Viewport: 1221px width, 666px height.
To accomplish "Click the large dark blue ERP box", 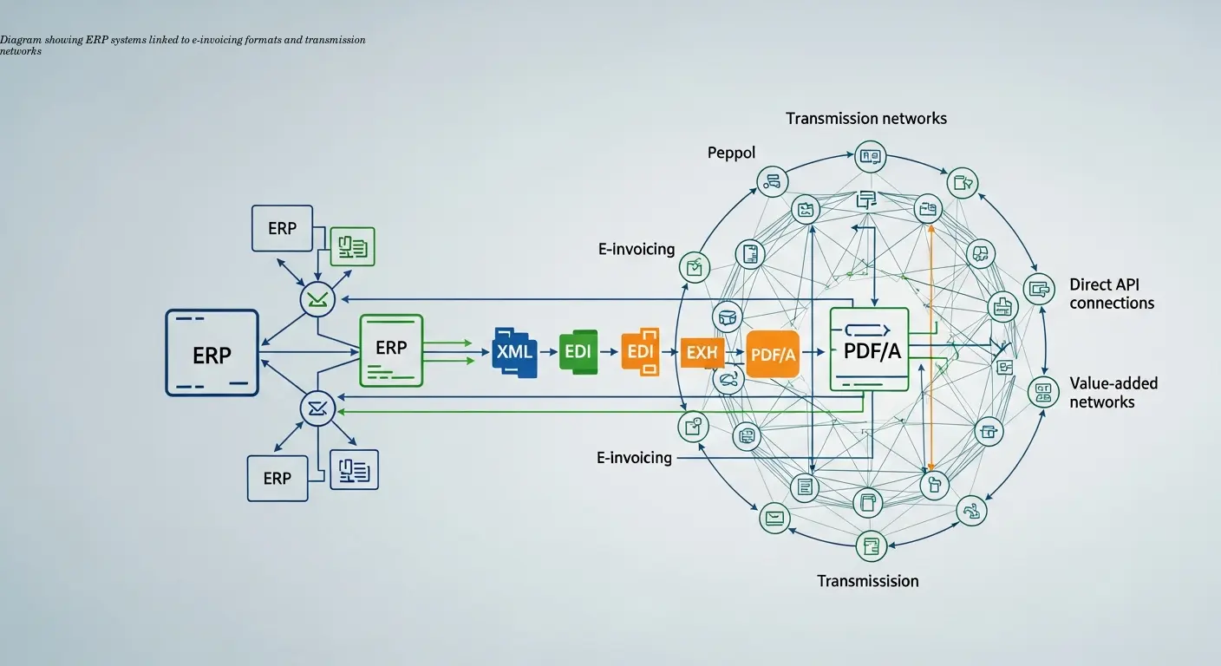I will [x=212, y=353].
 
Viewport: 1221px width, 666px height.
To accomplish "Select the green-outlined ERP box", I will [x=391, y=349].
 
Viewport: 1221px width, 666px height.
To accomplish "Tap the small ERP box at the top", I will [x=282, y=229].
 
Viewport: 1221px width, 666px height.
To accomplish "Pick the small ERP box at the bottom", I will [x=277, y=478].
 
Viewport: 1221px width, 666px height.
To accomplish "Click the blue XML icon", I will [x=515, y=351].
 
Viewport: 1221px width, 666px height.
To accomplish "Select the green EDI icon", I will [x=578, y=351].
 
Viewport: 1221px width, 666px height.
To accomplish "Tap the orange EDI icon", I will [x=640, y=352].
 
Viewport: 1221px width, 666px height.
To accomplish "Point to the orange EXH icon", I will [x=701, y=352].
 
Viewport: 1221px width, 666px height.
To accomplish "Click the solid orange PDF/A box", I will [x=772, y=354].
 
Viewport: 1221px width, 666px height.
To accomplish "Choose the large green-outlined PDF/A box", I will [x=868, y=349].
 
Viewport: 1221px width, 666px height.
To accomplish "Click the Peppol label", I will [x=731, y=153].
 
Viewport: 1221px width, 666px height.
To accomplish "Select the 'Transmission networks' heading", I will [x=865, y=118].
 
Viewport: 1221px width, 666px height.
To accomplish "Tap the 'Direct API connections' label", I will [x=1112, y=293].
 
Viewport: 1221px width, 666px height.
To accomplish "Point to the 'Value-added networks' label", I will [x=1113, y=392].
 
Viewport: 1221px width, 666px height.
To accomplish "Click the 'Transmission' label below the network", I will [x=867, y=580].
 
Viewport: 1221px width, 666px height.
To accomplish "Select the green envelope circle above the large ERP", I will [x=317, y=300].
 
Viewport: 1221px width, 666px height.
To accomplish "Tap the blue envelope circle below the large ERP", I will [x=317, y=408].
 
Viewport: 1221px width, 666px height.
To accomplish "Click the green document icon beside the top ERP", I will [x=353, y=246].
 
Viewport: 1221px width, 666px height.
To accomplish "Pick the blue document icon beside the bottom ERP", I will [x=355, y=469].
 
